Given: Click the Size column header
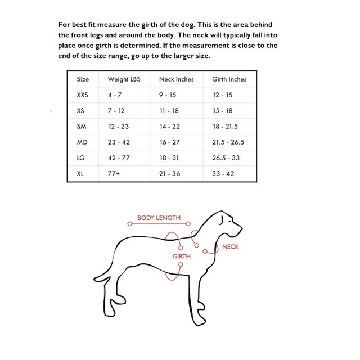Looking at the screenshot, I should click(83, 79).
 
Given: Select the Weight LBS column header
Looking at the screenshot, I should click(124, 79).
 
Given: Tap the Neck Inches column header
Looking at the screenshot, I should click(176, 79).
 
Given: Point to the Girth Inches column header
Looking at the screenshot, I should click(229, 79).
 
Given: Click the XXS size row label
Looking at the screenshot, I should click(83, 95).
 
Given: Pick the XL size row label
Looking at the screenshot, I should click(80, 174).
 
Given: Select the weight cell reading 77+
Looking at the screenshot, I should click(114, 174).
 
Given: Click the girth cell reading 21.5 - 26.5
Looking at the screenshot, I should click(228, 142).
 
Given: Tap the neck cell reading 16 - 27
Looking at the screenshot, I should click(169, 142).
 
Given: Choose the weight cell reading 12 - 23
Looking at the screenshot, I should click(118, 127).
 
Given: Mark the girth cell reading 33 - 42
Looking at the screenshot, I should click(223, 174).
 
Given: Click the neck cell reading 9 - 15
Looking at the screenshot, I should click(168, 95).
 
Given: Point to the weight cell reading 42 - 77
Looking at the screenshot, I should click(119, 158).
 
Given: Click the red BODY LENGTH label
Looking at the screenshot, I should click(159, 218).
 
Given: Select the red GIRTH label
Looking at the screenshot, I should click(181, 256).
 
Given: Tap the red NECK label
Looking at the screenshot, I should click(230, 247).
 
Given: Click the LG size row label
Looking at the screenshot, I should click(80, 158).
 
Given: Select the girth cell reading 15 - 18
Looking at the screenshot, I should click(222, 111).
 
